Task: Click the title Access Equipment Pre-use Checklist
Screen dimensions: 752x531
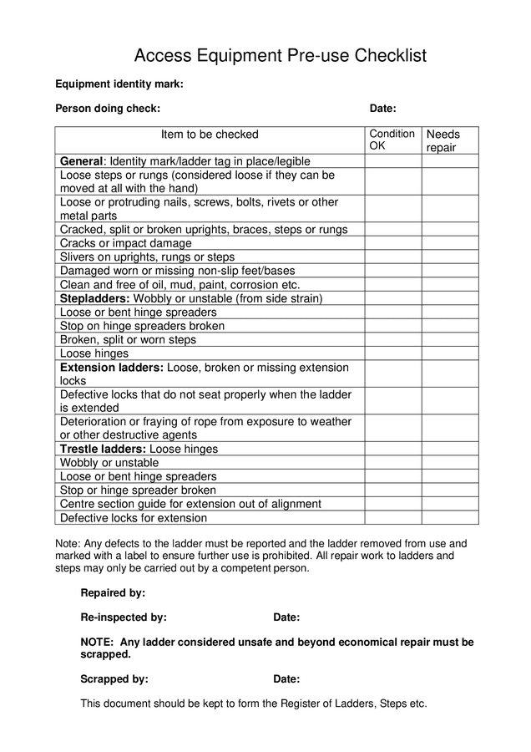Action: tap(281, 56)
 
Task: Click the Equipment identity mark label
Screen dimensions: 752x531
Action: tap(119, 84)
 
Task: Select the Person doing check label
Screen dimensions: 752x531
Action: tap(108, 109)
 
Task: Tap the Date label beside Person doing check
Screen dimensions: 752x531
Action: tap(382, 109)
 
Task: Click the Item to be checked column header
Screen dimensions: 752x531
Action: tap(210, 135)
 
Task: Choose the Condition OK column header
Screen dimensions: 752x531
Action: tap(392, 140)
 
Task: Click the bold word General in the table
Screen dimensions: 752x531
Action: tap(81, 161)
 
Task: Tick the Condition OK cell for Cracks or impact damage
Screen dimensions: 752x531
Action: tap(392, 243)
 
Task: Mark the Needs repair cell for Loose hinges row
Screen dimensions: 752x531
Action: tap(449, 353)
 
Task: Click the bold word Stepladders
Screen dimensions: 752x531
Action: tap(94, 298)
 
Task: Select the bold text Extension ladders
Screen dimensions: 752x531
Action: tap(112, 368)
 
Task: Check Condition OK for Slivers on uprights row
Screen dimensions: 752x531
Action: tap(392, 257)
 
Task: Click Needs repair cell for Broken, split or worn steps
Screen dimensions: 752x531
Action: tap(449, 340)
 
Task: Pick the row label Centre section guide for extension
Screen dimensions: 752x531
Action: tap(190, 504)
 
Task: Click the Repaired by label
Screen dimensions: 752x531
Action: tap(113, 593)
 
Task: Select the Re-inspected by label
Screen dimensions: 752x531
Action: tap(124, 617)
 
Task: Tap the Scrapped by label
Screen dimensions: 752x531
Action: tap(114, 679)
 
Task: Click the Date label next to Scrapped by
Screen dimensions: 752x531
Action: tap(286, 679)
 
